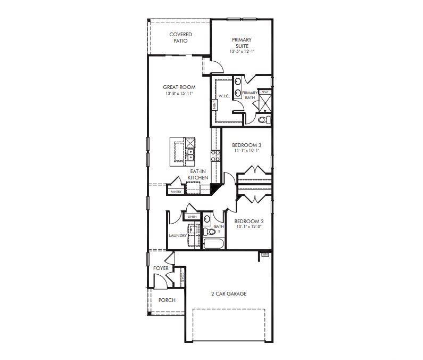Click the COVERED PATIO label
[x=180, y=38]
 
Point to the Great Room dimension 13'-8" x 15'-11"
[x=179, y=93]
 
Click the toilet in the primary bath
[x=262, y=120]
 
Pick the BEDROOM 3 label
[x=246, y=145]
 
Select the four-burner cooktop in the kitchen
[x=216, y=156]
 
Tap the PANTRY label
[x=176, y=191]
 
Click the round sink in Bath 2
[x=207, y=219]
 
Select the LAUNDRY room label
[x=177, y=235]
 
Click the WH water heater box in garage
[x=264, y=255]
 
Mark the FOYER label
[x=161, y=268]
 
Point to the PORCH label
[x=167, y=300]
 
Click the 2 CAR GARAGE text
[x=229, y=293]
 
